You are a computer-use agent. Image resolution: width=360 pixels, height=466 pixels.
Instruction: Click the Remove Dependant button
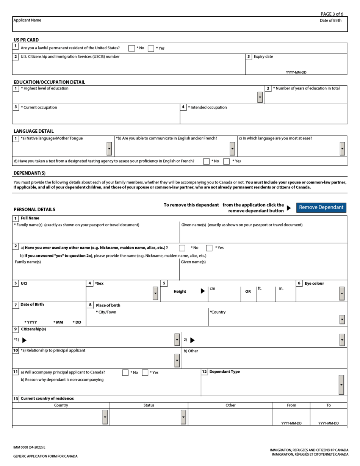pos(321,207)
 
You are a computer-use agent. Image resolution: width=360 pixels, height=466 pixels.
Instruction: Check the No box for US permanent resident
pos(131,48)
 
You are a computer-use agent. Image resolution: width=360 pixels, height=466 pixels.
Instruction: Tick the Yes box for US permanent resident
pos(151,48)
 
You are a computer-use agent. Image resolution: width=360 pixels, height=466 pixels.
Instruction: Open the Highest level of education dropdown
pos(260,97)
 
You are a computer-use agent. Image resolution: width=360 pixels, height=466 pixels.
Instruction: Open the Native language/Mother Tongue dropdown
pos(109,149)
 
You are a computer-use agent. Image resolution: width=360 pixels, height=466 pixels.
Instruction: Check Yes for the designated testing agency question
pos(227,162)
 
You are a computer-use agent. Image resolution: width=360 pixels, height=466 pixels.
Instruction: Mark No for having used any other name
pos(182,248)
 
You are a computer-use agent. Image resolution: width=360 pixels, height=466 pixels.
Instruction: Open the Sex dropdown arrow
pos(155,293)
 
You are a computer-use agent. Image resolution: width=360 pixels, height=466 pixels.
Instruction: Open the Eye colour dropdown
pos(342,293)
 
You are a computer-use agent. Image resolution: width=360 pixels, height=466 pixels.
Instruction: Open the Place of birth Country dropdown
pos(342,320)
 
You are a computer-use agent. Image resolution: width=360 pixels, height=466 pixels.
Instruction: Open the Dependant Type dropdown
pos(341,385)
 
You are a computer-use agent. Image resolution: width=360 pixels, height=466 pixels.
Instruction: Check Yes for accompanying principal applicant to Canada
pos(145,373)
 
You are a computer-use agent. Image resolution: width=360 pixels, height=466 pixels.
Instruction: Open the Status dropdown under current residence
pos(183,417)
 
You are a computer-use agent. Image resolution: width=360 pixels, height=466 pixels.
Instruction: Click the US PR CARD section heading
pos(26,40)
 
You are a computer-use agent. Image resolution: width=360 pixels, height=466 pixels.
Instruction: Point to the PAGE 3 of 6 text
pos(332,14)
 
